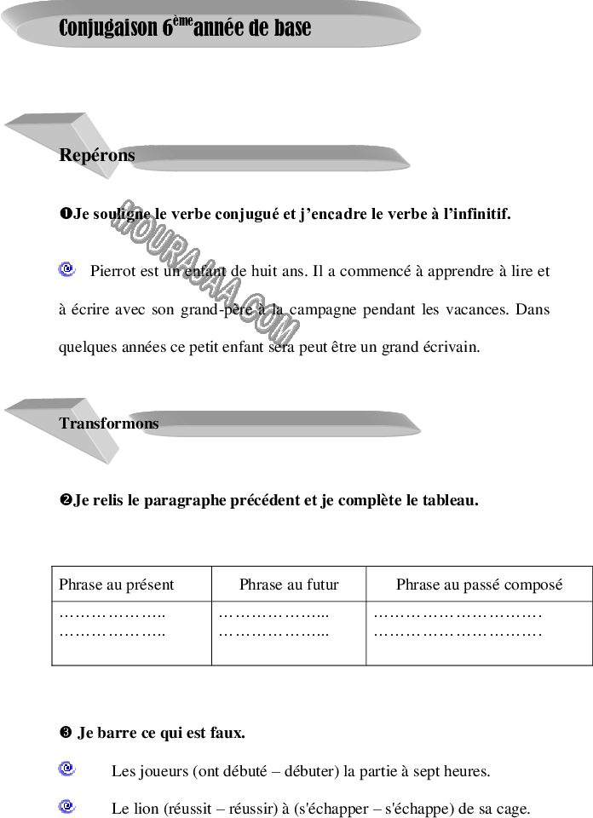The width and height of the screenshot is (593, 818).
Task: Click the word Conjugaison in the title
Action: [x=108, y=28]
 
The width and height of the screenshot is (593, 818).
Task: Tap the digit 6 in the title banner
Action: [x=168, y=28]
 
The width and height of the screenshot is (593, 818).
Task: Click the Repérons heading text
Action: [x=96, y=155]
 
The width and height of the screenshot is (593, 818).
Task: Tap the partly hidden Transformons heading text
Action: [x=108, y=423]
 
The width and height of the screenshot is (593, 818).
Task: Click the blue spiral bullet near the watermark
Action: [x=66, y=269]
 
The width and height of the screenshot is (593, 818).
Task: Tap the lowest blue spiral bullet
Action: [x=66, y=805]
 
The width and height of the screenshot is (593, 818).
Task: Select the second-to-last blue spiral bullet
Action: [x=66, y=769]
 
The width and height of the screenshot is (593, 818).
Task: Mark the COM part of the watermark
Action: [x=268, y=323]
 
